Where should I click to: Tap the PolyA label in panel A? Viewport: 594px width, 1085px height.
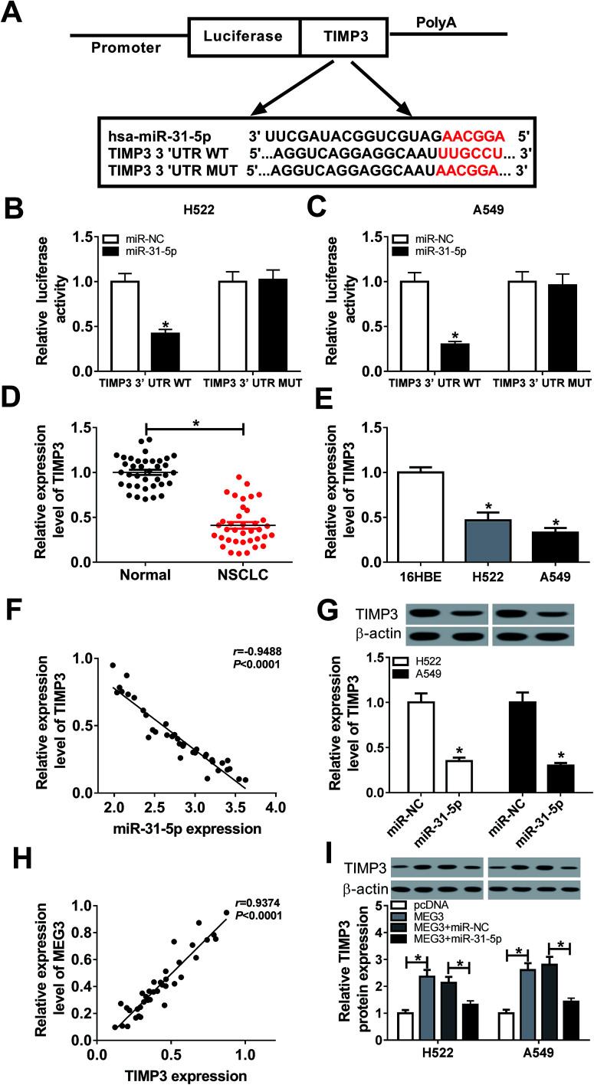(435, 15)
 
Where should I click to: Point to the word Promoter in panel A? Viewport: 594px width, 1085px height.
(126, 48)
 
